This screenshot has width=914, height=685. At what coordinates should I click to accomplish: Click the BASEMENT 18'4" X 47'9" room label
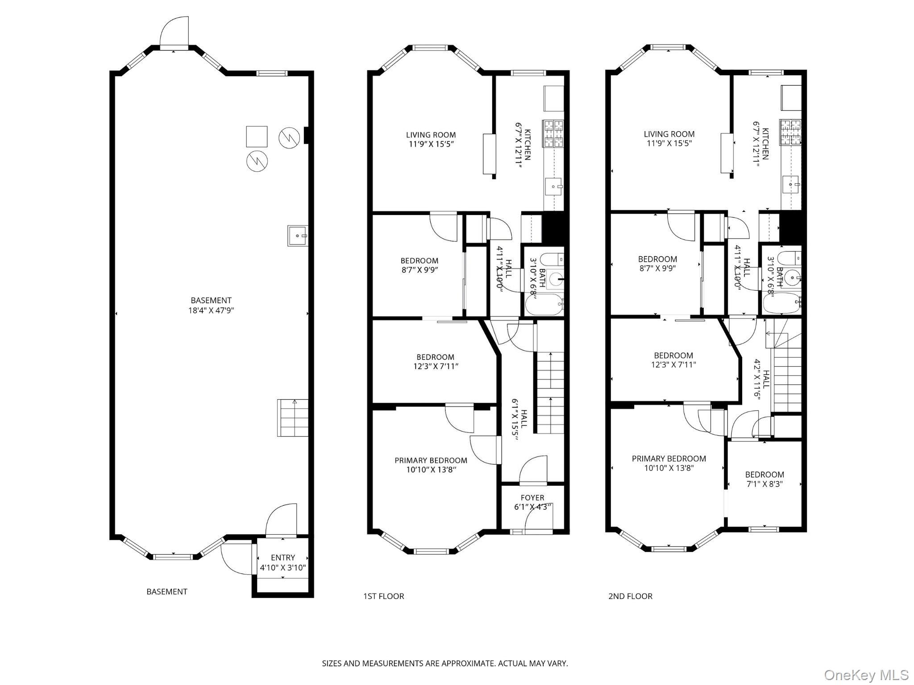click(211, 305)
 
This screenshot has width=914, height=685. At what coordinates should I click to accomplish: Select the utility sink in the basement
click(297, 235)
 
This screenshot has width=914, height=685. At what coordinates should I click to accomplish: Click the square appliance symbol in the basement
click(257, 136)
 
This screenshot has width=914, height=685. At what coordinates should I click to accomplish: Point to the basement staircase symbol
click(293, 418)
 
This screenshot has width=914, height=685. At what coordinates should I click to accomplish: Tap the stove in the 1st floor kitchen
click(553, 133)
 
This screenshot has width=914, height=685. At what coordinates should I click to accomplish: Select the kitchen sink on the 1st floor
click(554, 186)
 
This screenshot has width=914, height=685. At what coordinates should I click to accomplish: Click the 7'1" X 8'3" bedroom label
click(764, 479)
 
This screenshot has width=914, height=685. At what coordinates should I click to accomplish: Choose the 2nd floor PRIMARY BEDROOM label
click(669, 463)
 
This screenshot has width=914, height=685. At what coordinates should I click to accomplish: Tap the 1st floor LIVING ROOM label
click(431, 139)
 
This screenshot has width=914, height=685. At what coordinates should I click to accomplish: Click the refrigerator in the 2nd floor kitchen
click(791, 98)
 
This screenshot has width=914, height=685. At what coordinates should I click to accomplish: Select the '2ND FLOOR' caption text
click(630, 596)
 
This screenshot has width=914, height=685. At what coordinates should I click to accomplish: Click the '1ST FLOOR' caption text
click(383, 596)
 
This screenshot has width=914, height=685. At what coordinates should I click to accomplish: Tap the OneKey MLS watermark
click(866, 675)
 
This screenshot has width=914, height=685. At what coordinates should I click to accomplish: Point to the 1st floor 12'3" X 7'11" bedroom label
click(435, 362)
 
